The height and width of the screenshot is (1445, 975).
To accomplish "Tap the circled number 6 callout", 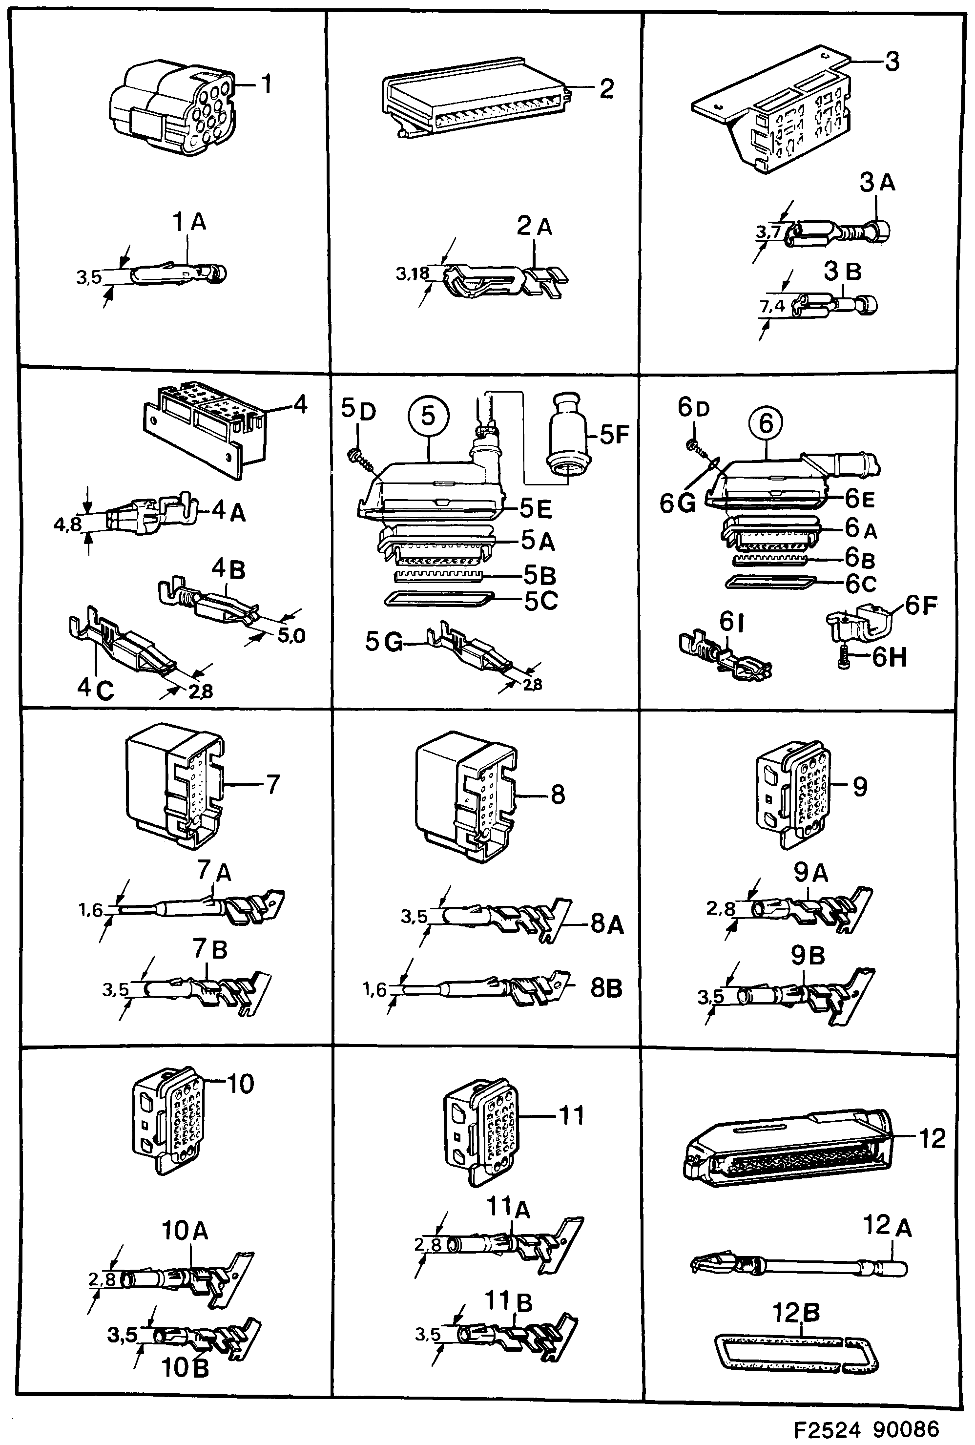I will point(766,423).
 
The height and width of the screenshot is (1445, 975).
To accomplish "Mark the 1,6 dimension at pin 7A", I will point(90,910).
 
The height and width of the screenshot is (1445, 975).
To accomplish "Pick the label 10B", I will point(186,1368).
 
